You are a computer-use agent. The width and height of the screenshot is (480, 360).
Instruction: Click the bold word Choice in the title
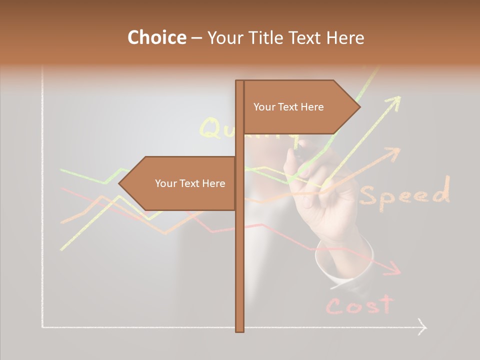coord(156,37)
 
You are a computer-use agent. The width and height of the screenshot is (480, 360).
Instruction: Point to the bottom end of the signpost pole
coord(240,329)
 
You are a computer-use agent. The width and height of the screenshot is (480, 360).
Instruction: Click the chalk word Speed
coord(404,193)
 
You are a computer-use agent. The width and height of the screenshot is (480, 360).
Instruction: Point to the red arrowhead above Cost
coord(395,269)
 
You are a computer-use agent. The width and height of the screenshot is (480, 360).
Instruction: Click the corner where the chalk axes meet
coord(43,327)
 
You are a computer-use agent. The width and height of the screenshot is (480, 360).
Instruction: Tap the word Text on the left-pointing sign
coord(190,183)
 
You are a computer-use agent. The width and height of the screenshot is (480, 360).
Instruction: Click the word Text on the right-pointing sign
coord(288,107)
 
